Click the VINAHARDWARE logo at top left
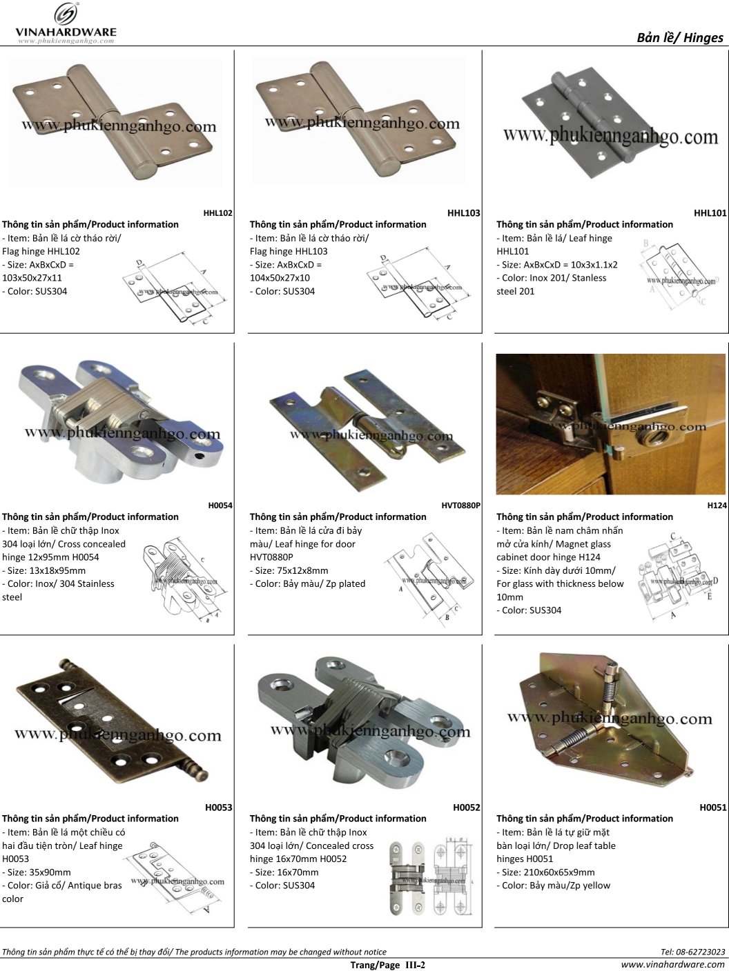point(66,23)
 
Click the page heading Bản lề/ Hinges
point(679,38)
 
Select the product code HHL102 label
point(217,214)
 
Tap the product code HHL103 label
point(463,214)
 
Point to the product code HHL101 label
point(710,214)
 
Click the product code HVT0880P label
point(460,505)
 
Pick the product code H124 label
point(717,505)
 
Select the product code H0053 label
point(218,808)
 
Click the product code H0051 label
point(712,808)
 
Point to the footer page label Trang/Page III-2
point(388,965)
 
